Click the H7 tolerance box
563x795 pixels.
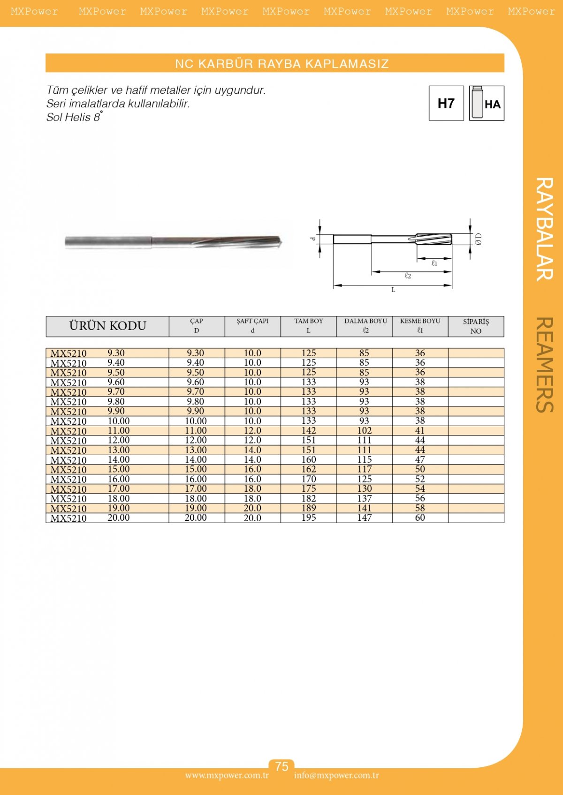pyautogui.click(x=446, y=103)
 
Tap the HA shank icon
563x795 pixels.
pyautogui.click(x=487, y=103)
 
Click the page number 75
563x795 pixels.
pyautogui.click(x=281, y=766)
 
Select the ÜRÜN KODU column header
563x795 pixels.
pyautogui.click(x=107, y=326)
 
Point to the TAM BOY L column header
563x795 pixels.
pyautogui.click(x=309, y=326)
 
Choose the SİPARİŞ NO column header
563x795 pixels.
pyautogui.click(x=476, y=326)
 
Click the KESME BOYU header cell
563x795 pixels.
pyautogui.click(x=420, y=326)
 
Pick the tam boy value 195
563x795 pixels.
pyautogui.click(x=309, y=518)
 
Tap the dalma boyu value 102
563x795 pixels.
pyautogui.click(x=365, y=431)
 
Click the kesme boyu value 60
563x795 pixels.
pyautogui.click(x=420, y=518)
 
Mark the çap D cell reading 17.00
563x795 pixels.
pyautogui.click(x=196, y=489)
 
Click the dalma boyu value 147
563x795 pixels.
pyautogui.click(x=365, y=518)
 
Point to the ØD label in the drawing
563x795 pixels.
pyautogui.click(x=478, y=239)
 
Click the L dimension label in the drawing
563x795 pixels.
pyautogui.click(x=393, y=290)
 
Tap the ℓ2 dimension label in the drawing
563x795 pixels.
pyautogui.click(x=408, y=276)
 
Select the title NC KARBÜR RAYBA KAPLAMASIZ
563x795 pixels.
pyautogui.click(x=281, y=64)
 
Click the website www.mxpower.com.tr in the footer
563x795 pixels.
pyautogui.click(x=227, y=775)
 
